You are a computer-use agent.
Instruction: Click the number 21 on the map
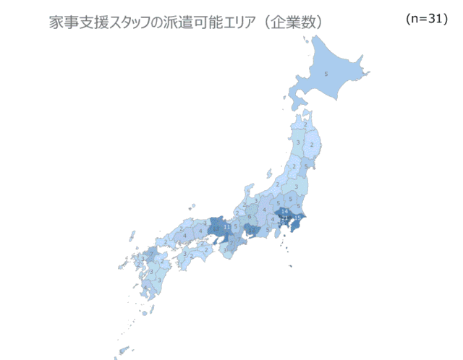[x=285, y=217]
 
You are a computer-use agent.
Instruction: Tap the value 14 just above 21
[x=284, y=210]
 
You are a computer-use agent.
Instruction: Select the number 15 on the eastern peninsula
[x=298, y=218]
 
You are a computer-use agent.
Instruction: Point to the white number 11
[x=228, y=227]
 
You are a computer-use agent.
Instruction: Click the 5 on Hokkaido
[x=326, y=74]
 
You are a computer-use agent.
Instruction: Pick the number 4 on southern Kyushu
[x=149, y=287]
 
